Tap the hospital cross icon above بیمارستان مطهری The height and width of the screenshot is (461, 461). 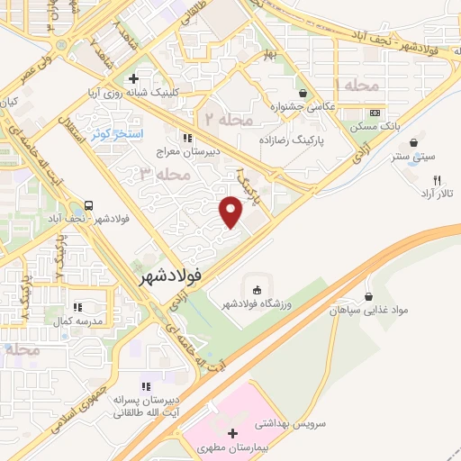[232, 433]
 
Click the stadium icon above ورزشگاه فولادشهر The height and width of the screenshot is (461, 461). [257, 290]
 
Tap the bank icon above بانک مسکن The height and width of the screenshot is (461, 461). [375, 113]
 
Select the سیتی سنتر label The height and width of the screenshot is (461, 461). [415, 157]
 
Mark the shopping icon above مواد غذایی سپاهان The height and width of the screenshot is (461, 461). [369, 296]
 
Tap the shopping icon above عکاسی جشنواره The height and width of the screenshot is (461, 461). [303, 93]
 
